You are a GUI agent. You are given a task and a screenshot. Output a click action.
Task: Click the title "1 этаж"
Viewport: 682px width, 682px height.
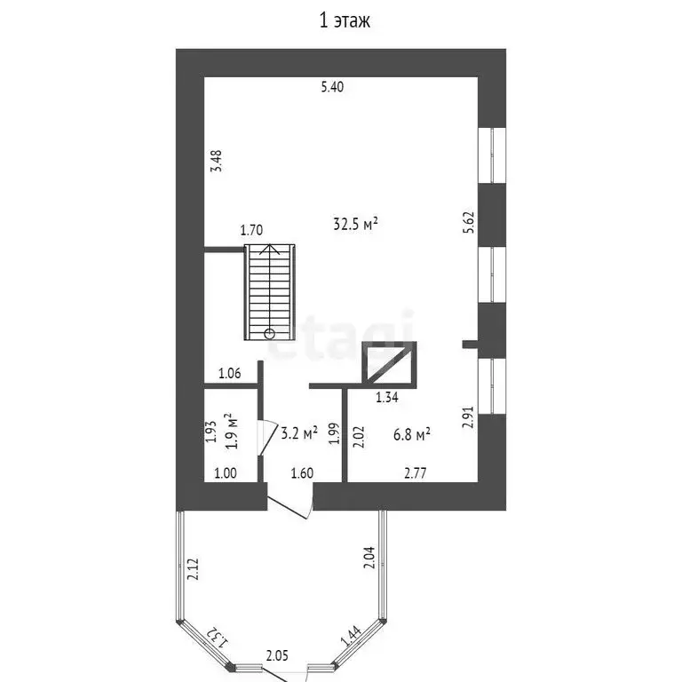345,20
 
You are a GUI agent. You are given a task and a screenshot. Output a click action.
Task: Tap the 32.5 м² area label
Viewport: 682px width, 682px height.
355,224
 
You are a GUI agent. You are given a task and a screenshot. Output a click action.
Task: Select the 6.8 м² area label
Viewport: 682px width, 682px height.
412,434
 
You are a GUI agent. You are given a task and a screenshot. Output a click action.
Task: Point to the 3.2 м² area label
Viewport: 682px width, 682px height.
299,432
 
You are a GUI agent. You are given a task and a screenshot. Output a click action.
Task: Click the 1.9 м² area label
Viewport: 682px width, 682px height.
233,431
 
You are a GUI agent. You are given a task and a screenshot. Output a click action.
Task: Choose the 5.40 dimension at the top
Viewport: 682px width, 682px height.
332,87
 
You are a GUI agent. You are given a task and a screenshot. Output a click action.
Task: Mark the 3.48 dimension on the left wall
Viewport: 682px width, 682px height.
216,161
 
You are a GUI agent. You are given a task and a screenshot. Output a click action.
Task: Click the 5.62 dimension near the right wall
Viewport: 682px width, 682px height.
468,223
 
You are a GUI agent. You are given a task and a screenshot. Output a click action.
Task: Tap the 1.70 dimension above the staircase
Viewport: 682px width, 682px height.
252,230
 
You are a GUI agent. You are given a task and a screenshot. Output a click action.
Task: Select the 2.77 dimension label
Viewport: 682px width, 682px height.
416,472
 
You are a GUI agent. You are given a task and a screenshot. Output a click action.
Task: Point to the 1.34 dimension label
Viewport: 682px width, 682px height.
386,397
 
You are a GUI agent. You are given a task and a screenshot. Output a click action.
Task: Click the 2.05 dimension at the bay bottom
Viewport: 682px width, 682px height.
277,655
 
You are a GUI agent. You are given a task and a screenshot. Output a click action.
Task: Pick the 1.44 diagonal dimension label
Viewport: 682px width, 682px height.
351,636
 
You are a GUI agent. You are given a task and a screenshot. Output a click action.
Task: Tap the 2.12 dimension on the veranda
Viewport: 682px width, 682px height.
193,569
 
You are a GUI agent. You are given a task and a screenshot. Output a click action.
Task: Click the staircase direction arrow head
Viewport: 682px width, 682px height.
270,249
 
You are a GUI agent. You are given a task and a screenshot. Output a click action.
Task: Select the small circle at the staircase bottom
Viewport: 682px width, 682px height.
270,334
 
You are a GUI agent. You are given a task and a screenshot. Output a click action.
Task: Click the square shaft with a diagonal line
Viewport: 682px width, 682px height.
389,364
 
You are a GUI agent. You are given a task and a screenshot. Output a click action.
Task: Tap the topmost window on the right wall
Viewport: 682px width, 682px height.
492,155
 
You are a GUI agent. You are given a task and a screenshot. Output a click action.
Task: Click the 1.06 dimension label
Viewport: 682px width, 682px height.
230,373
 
